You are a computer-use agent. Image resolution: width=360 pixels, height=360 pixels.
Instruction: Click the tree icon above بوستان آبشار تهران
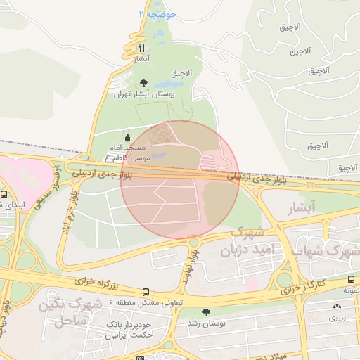(x=144, y=83)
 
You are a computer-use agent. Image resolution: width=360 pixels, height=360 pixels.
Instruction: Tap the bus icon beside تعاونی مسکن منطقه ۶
(x=146, y=291)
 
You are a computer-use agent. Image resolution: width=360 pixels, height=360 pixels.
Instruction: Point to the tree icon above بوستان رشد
(x=205, y=311)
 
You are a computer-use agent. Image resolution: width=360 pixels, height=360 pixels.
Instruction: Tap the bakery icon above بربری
(x=337, y=307)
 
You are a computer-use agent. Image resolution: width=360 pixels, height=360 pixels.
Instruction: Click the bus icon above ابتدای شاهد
(x=4, y=194)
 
